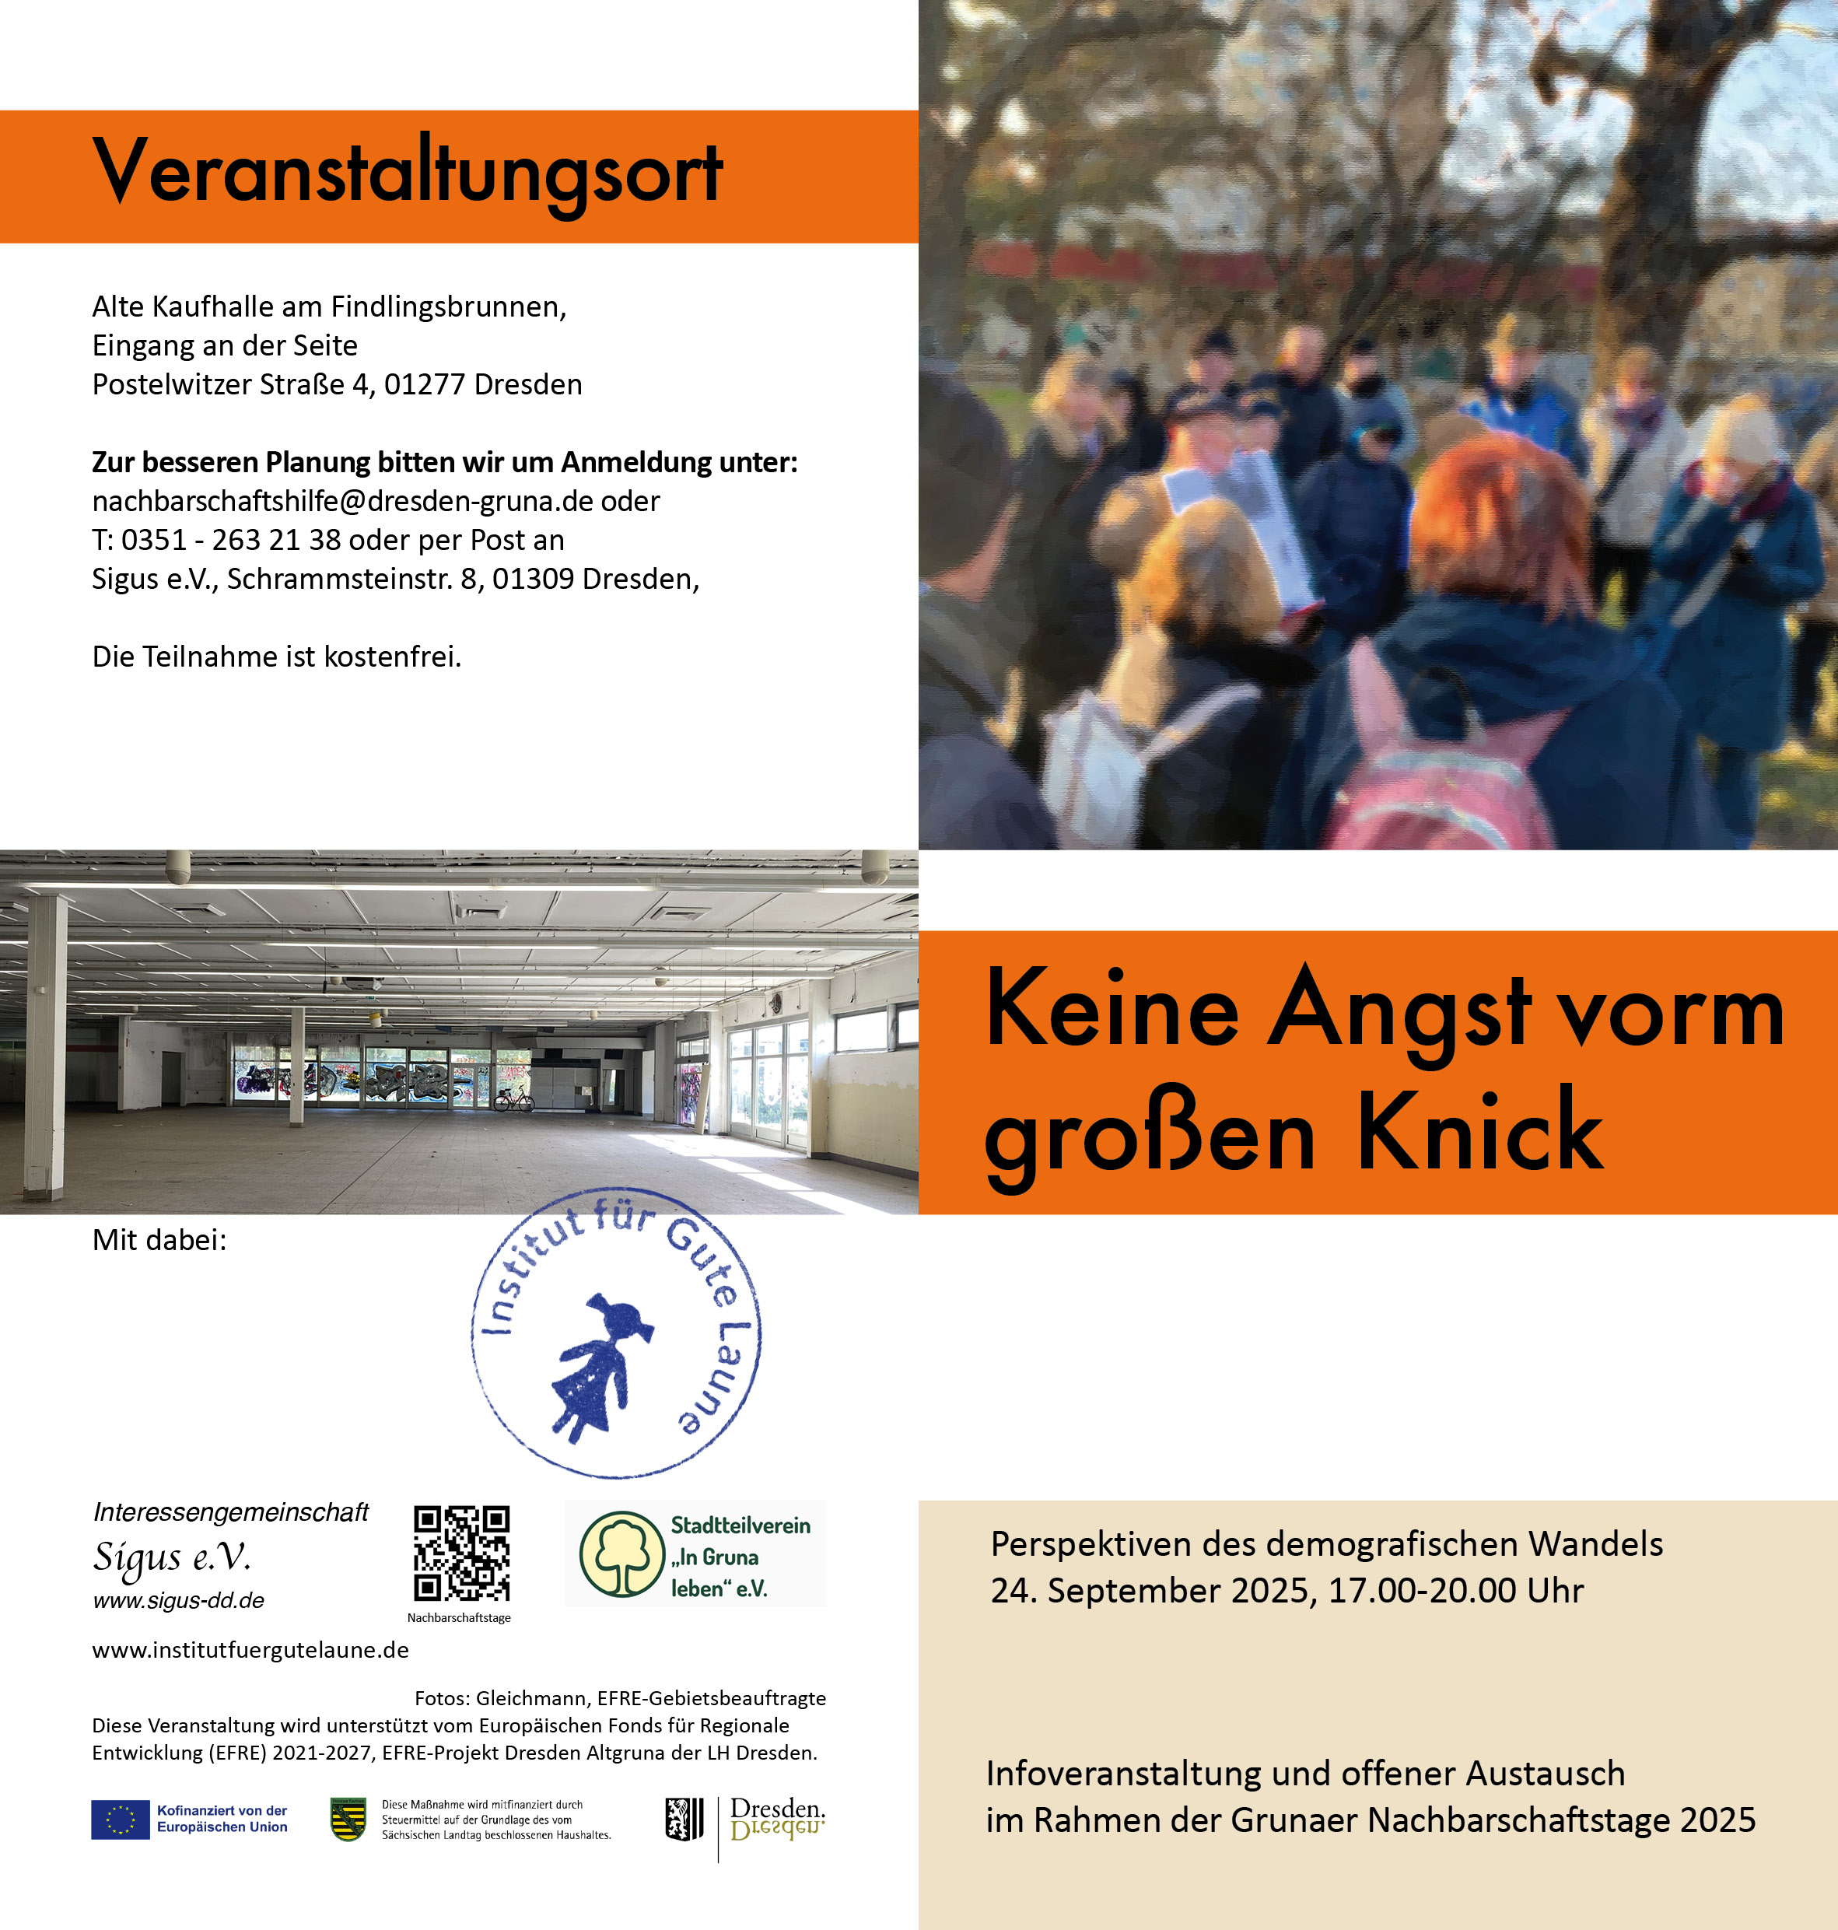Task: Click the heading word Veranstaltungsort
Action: point(408,173)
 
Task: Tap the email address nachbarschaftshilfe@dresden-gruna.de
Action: point(342,502)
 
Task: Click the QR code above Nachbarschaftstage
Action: point(461,1553)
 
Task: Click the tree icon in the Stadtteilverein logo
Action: point(622,1553)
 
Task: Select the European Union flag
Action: point(121,1820)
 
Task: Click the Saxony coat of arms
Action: point(348,1820)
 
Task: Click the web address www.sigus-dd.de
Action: point(178,1601)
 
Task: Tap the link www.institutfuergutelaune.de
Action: point(250,1650)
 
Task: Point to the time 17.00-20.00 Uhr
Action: point(1456,1591)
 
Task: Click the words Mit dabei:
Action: point(159,1240)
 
